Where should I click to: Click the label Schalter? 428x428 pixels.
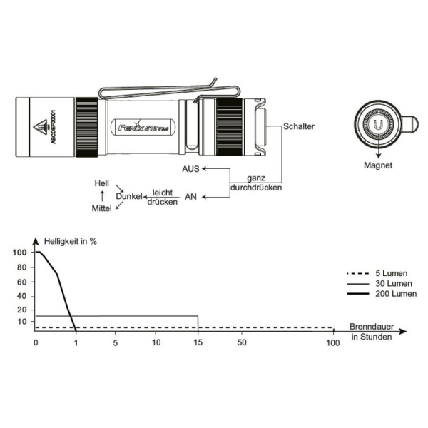pyautogui.click(x=299, y=126)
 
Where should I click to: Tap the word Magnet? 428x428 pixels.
pyautogui.click(x=378, y=165)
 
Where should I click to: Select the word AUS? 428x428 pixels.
pyautogui.click(x=190, y=169)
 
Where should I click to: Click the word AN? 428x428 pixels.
pyautogui.click(x=190, y=197)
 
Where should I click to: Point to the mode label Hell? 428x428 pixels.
pyautogui.click(x=102, y=183)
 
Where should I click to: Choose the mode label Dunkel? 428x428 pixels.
pyautogui.click(x=129, y=196)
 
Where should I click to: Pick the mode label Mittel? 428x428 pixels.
pyautogui.click(x=101, y=208)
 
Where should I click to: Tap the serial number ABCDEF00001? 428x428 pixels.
pyautogui.click(x=53, y=127)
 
